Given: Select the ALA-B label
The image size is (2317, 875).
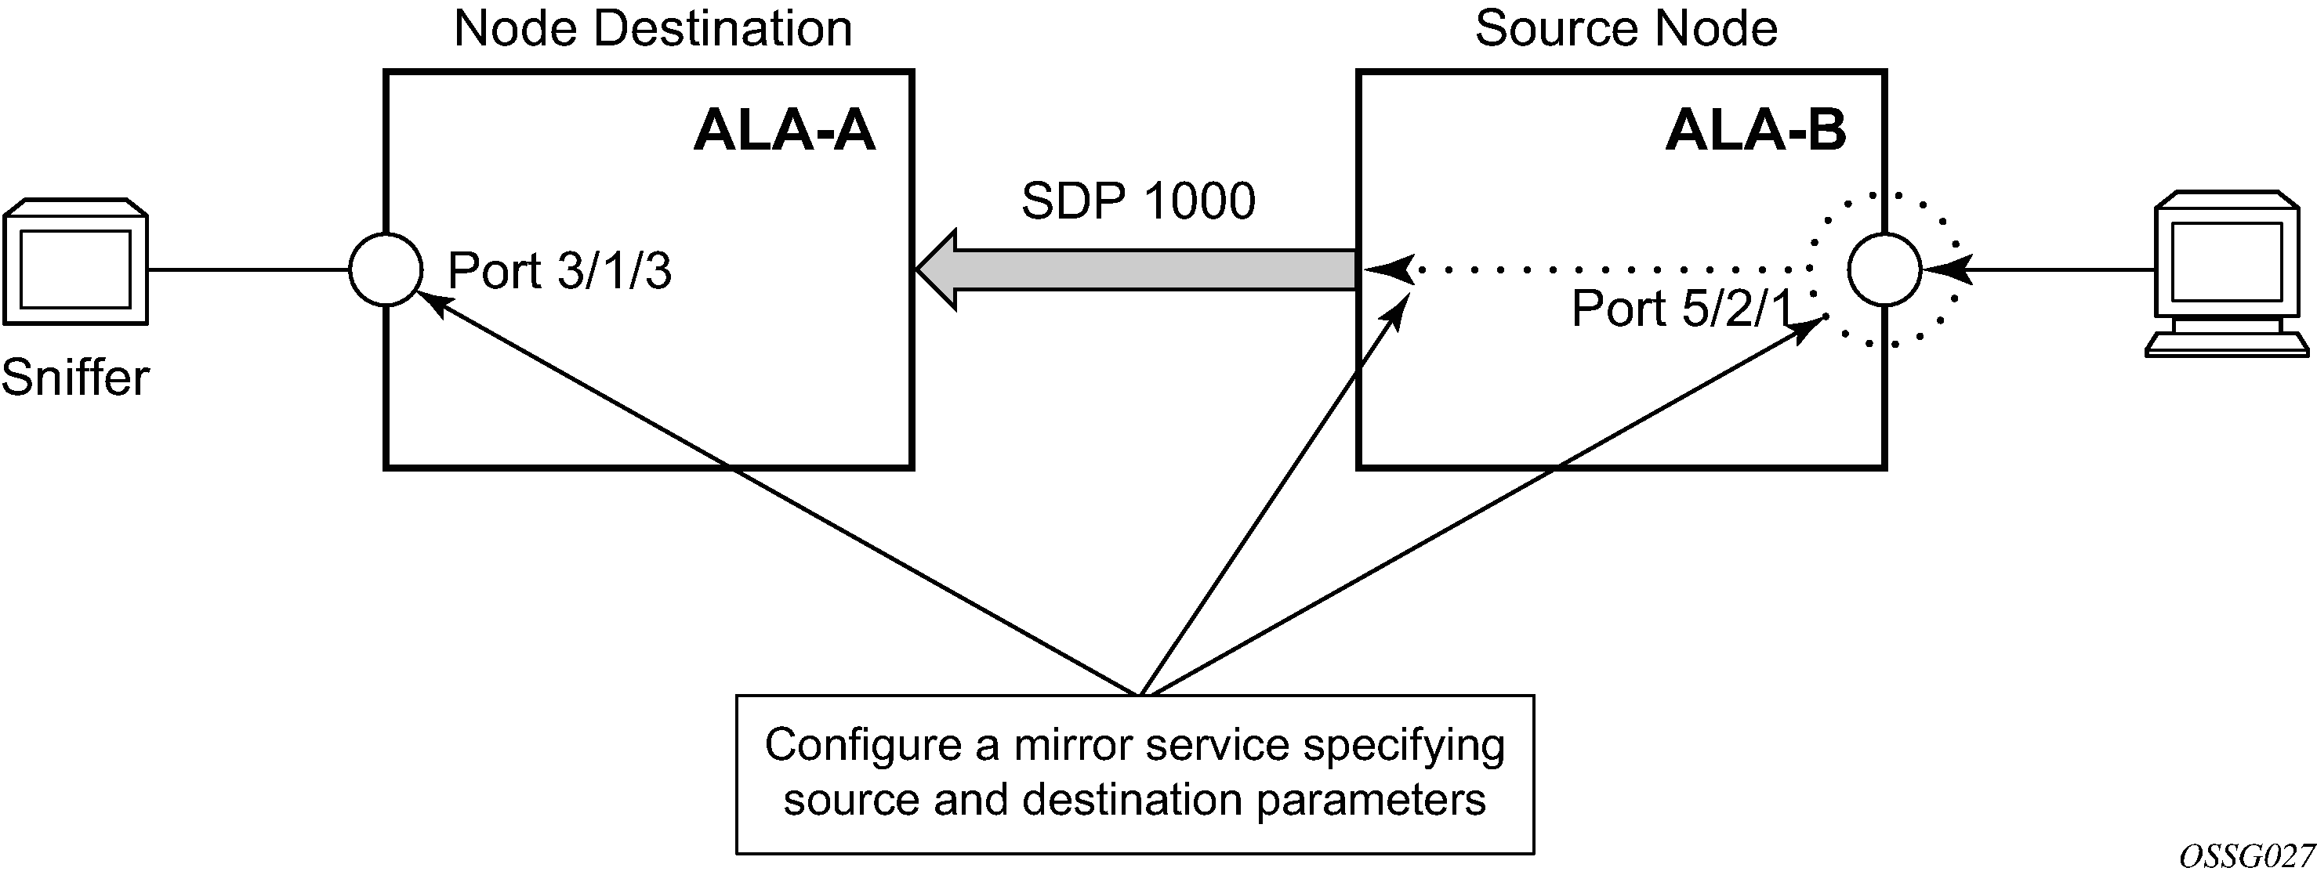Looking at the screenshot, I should (x=1756, y=130).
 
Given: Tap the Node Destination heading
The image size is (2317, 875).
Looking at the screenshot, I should (x=653, y=29).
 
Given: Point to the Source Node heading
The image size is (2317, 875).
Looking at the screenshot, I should (x=1626, y=29).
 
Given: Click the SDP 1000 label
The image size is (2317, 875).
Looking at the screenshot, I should (x=1138, y=201).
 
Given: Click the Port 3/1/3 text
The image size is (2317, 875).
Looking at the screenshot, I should (x=560, y=271).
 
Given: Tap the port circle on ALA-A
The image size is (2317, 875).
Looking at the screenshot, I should (x=386, y=269).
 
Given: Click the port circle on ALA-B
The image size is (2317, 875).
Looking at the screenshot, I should (x=1884, y=269).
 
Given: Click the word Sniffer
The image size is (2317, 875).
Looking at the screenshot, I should (x=75, y=377).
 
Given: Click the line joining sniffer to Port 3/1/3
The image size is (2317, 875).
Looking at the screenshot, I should (x=248, y=269).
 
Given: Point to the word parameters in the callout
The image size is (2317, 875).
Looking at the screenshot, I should (x=1371, y=800).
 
